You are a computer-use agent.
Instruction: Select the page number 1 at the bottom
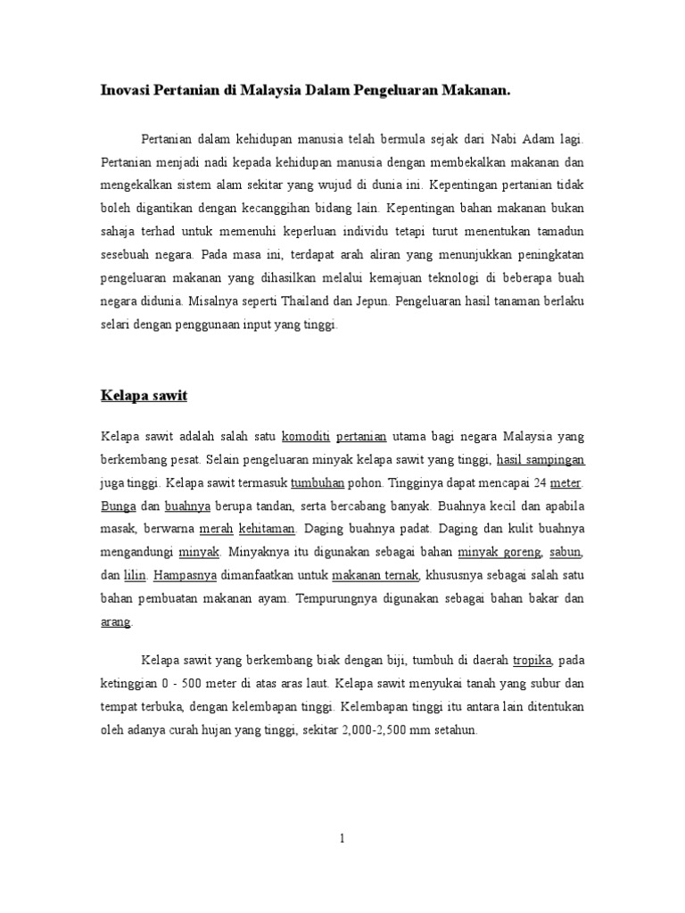342,838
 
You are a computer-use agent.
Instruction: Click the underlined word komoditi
306,437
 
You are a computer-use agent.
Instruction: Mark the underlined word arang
115,622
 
